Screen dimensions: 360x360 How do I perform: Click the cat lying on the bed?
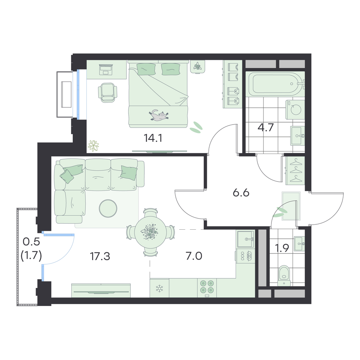coord(158,115)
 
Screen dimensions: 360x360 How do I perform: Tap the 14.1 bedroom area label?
coord(153,138)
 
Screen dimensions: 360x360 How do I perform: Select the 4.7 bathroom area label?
coord(266,127)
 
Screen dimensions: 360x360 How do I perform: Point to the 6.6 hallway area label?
coord(241,193)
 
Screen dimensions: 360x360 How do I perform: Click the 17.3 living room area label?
coord(100,256)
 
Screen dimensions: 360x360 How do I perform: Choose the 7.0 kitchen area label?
coord(194,256)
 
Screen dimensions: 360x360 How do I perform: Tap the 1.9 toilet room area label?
coord(282,248)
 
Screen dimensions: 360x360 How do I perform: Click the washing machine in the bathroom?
coord(295,109)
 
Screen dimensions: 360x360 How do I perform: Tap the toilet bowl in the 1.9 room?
coord(284,276)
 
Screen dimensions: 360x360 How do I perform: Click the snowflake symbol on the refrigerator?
coord(159,288)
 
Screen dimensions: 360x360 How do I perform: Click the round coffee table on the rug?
coord(108,208)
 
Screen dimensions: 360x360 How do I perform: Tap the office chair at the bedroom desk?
coord(107,92)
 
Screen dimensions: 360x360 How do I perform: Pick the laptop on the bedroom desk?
coord(106,69)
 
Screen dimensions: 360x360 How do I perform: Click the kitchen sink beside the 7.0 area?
coord(246,239)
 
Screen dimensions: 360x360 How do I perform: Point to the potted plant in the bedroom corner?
coord(93,146)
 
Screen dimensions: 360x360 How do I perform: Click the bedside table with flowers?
coord(197,66)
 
